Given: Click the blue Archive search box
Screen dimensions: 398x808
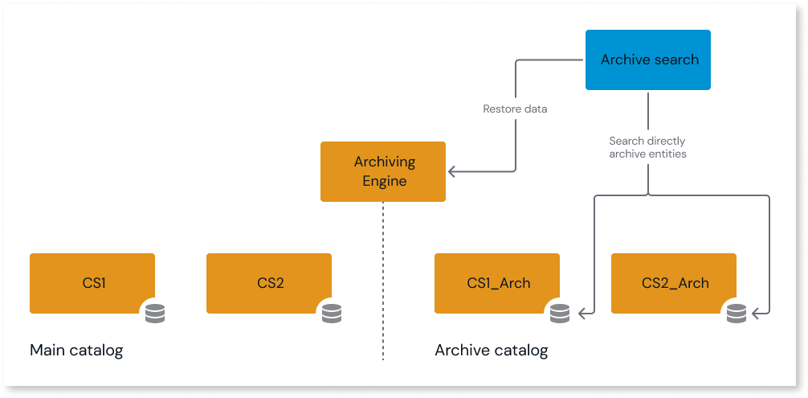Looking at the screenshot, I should (x=648, y=59).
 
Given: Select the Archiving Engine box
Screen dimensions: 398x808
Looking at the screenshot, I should (x=383, y=171).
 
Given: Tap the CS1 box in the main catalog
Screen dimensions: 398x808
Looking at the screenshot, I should (x=92, y=283).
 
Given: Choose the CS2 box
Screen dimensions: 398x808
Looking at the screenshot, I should (x=269, y=283).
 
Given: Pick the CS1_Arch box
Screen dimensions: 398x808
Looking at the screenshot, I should (x=497, y=283).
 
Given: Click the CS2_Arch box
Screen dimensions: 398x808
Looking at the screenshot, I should (x=674, y=283).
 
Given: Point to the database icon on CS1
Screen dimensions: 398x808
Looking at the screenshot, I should (x=155, y=313).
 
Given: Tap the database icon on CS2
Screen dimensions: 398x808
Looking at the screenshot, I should (x=332, y=313).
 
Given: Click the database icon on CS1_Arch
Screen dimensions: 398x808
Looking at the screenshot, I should (x=560, y=313).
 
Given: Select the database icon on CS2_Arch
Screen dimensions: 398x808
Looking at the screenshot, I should (x=737, y=313).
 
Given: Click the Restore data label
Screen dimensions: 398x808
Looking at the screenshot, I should (x=515, y=109).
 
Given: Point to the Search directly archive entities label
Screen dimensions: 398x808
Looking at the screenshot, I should (x=647, y=147).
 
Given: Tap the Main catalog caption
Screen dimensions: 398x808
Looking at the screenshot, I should (x=76, y=351).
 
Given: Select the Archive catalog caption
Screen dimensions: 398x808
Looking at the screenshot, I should (x=491, y=351).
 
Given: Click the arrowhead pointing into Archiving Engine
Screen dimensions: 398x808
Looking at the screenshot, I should (x=452, y=171).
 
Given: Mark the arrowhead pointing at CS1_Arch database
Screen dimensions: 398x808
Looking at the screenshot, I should (x=583, y=312).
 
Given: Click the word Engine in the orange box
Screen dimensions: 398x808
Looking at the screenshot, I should (x=384, y=181).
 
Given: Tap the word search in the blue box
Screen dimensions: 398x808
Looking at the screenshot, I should (x=676, y=59).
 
